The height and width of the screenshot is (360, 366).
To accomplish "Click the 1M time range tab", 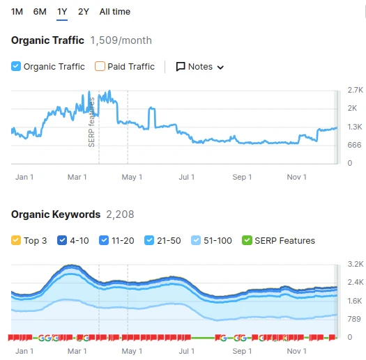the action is coord(17,12).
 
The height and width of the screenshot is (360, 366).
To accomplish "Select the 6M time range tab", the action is coord(40,12).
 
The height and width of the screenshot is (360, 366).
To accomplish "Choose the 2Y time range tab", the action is coord(84,12).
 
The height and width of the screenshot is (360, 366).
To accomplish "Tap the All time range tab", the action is coord(115,12).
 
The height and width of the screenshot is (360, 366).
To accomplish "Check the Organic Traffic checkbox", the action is coord(16,66).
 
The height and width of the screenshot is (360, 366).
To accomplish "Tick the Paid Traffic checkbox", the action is coord(100,66).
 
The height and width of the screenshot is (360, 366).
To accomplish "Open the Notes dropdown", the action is coord(200,67).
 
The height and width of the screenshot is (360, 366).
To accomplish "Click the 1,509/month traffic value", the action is coord(121,40).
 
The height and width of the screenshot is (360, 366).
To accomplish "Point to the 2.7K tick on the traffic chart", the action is coord(355,90).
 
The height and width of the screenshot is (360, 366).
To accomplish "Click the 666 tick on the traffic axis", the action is coord(354,145).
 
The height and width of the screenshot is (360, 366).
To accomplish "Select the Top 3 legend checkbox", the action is coord(16,240).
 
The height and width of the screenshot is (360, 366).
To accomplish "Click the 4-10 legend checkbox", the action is coord(62,240).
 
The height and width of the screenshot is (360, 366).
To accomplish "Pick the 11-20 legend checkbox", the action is coord(104,240).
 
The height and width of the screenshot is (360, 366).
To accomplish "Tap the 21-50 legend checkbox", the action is coord(149,240).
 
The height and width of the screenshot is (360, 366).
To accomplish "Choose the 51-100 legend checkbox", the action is coord(196,240).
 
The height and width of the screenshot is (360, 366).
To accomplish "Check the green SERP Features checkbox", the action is coord(247,240).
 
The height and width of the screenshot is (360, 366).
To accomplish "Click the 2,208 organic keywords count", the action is coord(120,214).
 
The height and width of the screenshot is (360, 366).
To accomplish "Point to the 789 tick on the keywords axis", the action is coord(354,319).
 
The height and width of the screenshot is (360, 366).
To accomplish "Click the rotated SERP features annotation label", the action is coord(91,122).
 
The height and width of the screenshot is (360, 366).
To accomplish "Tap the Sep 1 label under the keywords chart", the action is coord(242,351).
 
